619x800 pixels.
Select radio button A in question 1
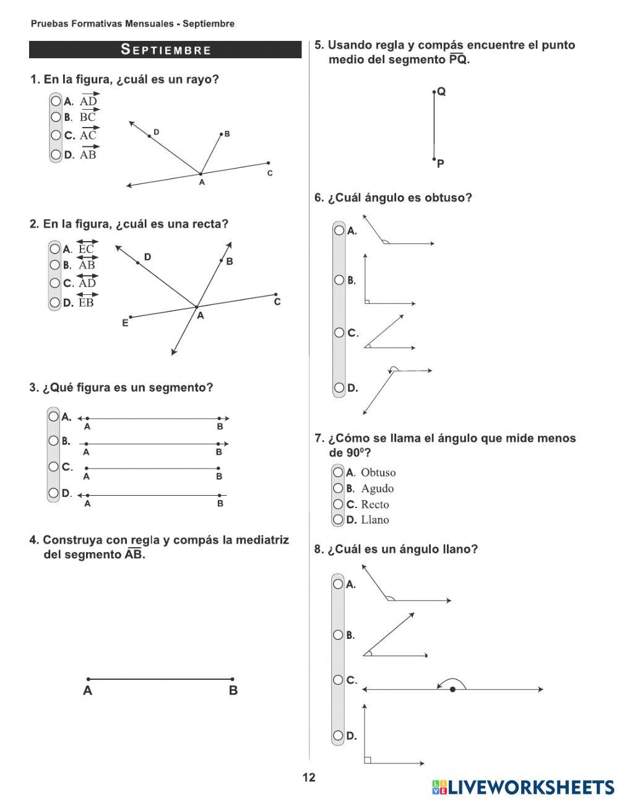coord(56,100)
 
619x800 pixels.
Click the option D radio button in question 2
coord(56,302)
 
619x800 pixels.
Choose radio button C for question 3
coord(54,467)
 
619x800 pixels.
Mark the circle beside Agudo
coord(338,488)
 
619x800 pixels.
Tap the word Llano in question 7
coord(375,520)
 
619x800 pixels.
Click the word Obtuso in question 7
coord(378,473)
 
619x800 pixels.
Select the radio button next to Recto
coord(338,504)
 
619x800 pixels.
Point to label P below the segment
coord(441,164)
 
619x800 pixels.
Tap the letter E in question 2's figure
coord(125,323)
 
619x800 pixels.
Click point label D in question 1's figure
coord(156,132)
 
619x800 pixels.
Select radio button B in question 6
coord(339,280)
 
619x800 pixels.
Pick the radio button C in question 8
coord(338,680)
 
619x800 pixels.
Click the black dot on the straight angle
coord(452,689)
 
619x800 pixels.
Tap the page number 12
coord(309,778)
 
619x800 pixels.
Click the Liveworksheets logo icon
coord(439,787)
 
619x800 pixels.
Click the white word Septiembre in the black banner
coord(166,50)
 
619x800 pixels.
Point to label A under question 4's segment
coord(88,690)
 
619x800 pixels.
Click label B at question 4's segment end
coord(233,690)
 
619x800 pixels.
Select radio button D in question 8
coord(338,736)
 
